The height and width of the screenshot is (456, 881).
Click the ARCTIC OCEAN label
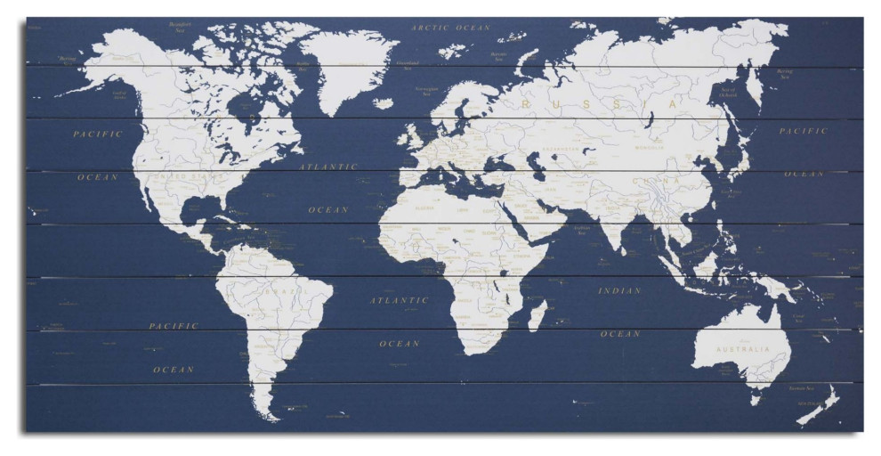450,28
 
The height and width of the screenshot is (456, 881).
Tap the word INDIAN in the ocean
619,290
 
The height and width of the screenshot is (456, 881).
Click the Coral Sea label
798,316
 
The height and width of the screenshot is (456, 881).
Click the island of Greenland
347,67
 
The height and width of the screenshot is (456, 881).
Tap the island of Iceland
383,103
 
